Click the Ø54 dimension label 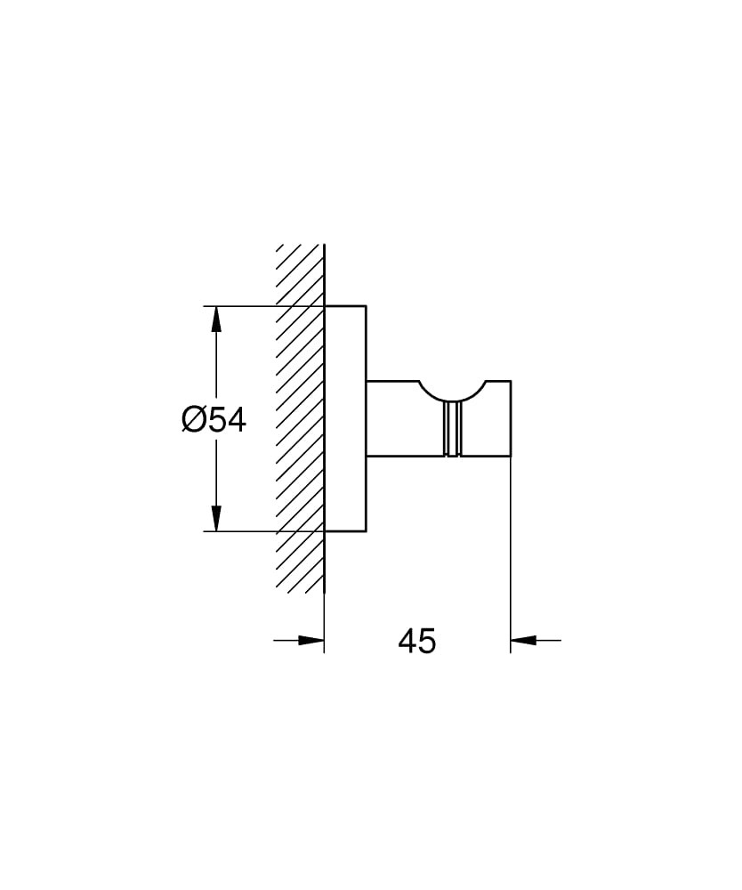pyautogui.click(x=214, y=419)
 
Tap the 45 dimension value pyautogui.click(x=416, y=641)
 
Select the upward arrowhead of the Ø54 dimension pyautogui.click(x=215, y=320)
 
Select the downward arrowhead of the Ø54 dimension pyautogui.click(x=215, y=519)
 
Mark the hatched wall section pyautogui.click(x=300, y=418)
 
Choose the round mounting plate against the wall pyautogui.click(x=345, y=418)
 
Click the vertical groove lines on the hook pyautogui.click(x=452, y=429)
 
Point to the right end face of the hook pyautogui.click(x=511, y=418)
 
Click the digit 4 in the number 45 pyautogui.click(x=407, y=641)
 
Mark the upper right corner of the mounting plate pyautogui.click(x=367, y=307)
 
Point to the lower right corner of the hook pyautogui.click(x=511, y=457)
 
